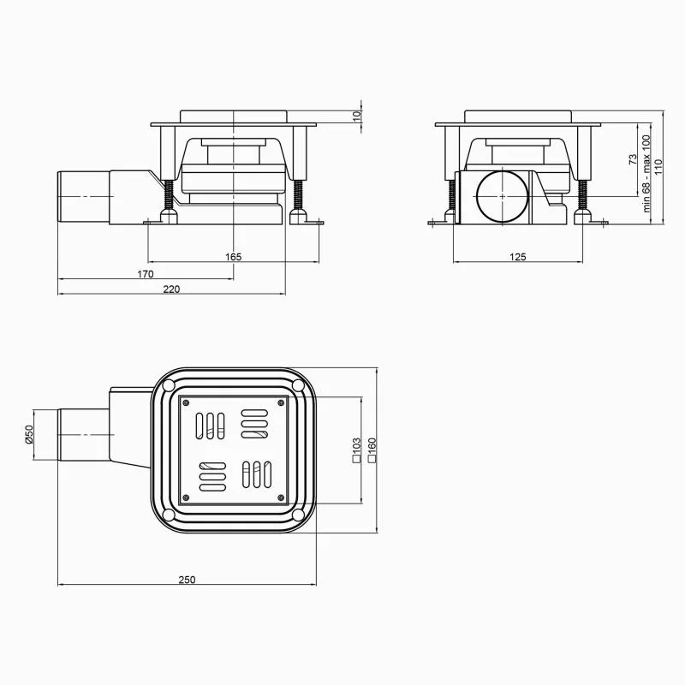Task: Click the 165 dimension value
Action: [233, 256]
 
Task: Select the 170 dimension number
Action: [146, 274]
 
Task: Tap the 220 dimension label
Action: [171, 289]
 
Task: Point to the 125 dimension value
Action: [518, 256]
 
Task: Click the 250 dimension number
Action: [187, 580]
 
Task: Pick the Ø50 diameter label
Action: [29, 435]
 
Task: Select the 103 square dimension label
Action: [356, 450]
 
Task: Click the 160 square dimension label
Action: [372, 450]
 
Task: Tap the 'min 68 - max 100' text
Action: [646, 174]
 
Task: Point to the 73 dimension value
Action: [633, 159]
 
